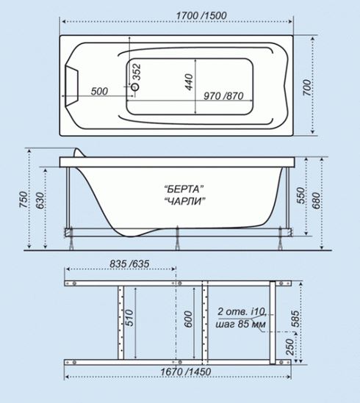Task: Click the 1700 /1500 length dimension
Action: point(201,15)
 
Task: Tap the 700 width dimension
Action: point(306,87)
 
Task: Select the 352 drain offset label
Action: point(137,72)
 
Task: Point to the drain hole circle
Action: point(135,87)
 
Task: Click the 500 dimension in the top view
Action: point(99,91)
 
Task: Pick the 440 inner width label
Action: point(189,82)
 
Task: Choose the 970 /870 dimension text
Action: point(223,96)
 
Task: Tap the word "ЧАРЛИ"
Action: point(185,200)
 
